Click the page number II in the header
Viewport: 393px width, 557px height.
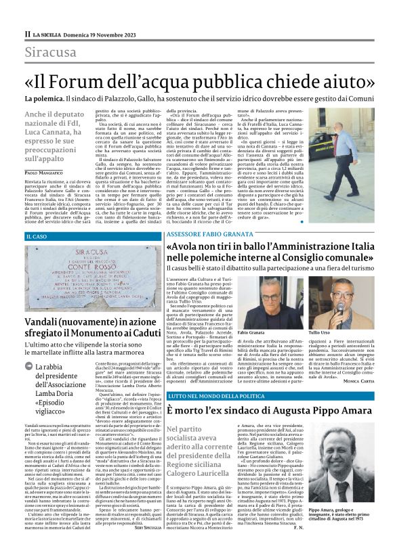tap(27, 33)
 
